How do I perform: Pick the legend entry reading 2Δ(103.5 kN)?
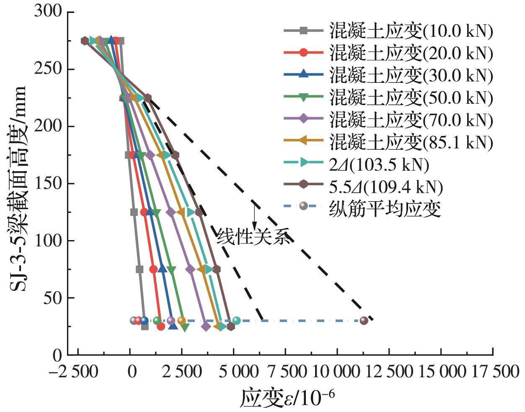tap(379, 165)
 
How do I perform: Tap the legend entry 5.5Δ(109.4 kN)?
tap(385, 187)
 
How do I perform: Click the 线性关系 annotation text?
tap(253, 237)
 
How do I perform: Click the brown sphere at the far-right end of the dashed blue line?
tap(364, 320)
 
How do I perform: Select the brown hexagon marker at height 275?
tap(85, 41)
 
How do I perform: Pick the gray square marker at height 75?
tap(140, 269)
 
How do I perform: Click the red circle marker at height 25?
tap(161, 326)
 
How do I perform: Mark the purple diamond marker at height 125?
tap(171, 212)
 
